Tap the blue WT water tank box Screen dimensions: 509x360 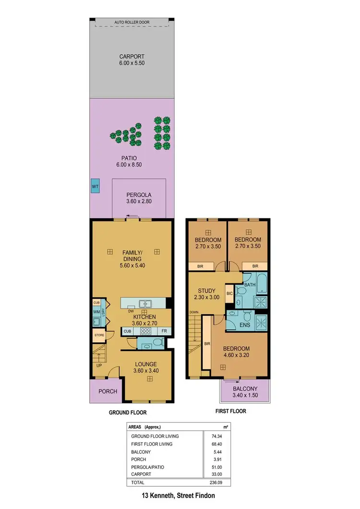point(95,186)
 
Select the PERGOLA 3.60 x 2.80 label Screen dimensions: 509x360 point(139,198)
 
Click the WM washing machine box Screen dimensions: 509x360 point(96,312)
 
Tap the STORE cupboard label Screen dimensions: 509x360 point(99,335)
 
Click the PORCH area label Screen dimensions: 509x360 point(108,391)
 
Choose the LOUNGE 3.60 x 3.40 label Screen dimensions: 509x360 point(146,367)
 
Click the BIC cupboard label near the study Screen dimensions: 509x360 point(229,293)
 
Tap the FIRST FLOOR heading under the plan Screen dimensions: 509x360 point(230,411)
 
